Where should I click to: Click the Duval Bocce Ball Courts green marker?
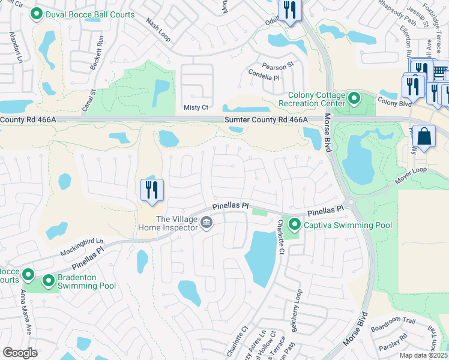(36, 14)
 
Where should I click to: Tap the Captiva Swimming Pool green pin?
(295, 225)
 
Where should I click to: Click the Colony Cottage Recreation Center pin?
(354, 97)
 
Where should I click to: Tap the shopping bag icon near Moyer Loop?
(424, 137)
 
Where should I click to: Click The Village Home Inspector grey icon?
(206, 224)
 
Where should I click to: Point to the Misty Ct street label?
(196, 107)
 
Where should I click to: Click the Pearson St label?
(277, 65)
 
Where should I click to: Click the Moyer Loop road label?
(411, 178)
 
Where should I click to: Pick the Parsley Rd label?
(393, 345)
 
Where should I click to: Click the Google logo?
(20, 352)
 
